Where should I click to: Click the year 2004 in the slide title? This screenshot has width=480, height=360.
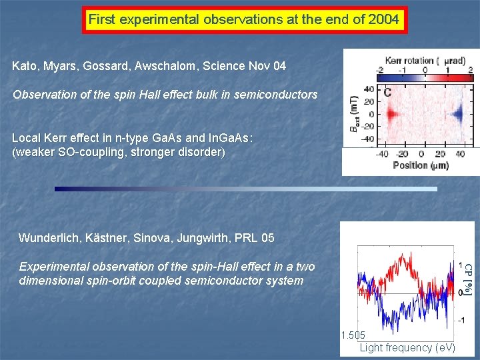(383, 19)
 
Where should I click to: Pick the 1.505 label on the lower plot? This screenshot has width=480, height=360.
(353, 335)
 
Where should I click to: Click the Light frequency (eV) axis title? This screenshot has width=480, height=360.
(407, 347)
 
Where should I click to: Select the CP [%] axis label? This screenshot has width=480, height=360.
(469, 279)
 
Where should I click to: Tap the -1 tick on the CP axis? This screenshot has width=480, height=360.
(461, 320)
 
